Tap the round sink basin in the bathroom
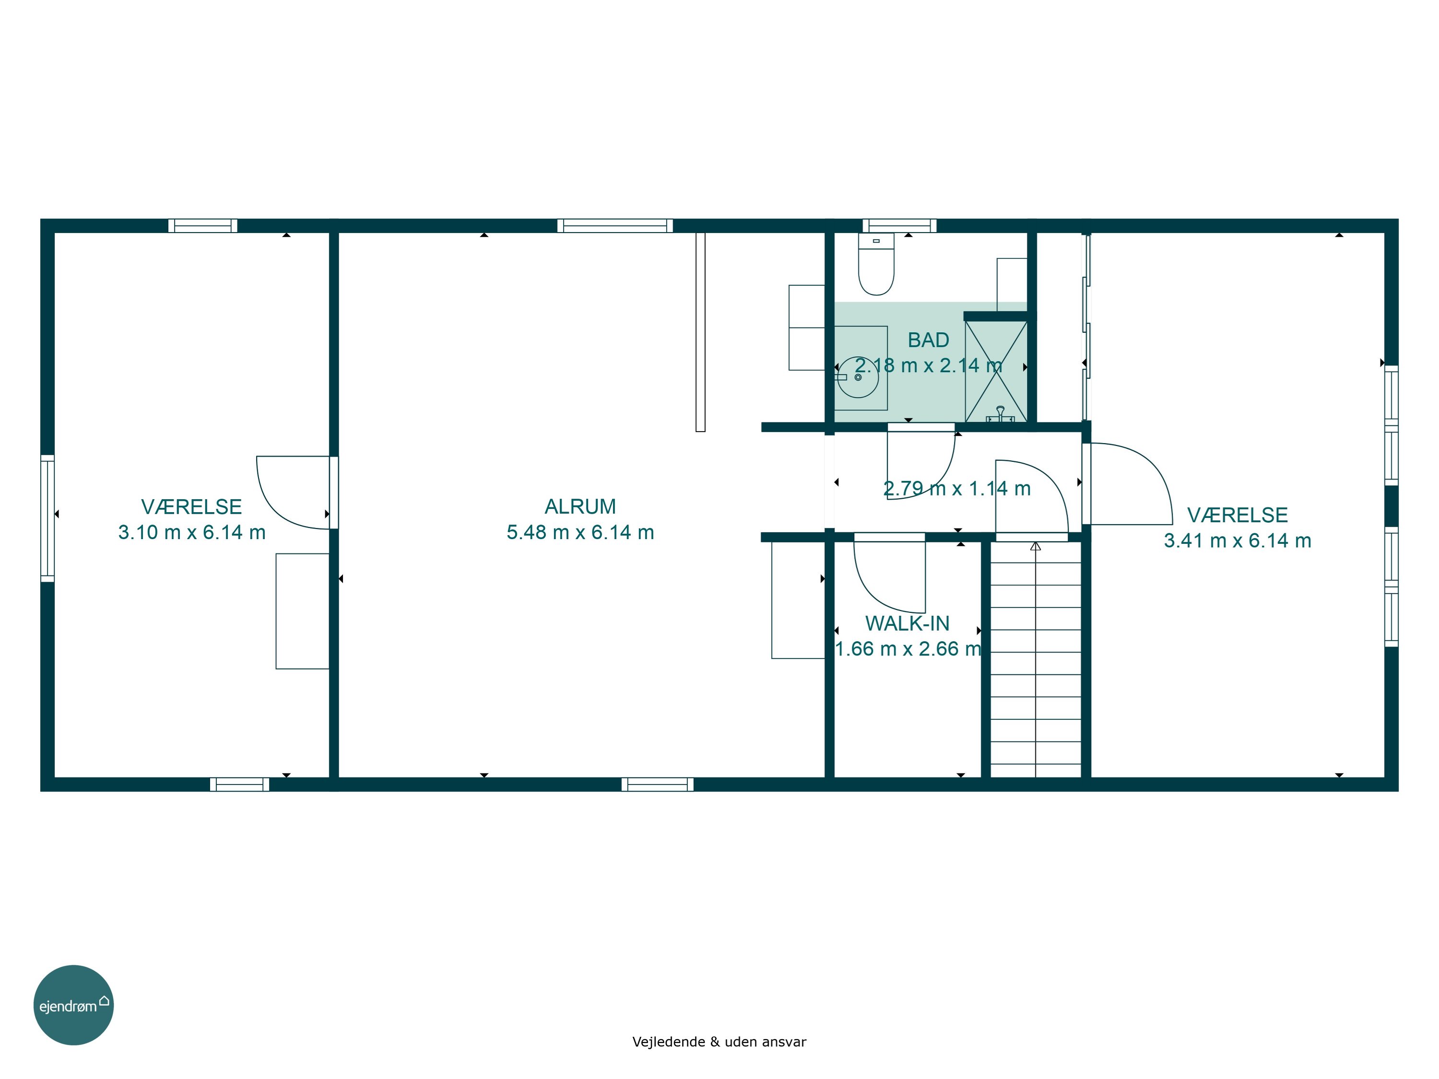tap(858, 377)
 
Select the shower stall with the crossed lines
tap(996, 371)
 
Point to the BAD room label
tap(928, 340)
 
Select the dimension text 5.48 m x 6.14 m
tap(580, 532)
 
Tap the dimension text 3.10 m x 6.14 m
tap(192, 532)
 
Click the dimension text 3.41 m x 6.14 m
tap(1238, 540)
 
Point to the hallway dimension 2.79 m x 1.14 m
tap(957, 489)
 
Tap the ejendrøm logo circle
tap(73, 1005)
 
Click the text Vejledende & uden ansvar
tap(719, 1042)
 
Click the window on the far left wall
tap(47, 518)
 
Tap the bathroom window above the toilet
tap(900, 226)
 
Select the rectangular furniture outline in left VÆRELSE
tap(303, 611)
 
